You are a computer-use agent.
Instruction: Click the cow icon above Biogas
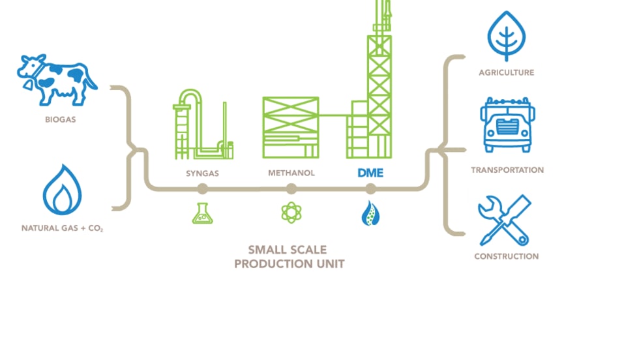[57, 78]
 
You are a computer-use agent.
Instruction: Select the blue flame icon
[61, 190]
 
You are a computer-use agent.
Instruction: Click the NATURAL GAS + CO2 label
[62, 229]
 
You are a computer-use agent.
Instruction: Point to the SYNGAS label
[202, 173]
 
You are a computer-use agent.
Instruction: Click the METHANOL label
[291, 173]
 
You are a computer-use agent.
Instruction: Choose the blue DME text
[370, 173]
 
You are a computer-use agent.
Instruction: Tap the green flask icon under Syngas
[203, 213]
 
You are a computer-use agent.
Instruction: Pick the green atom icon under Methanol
[291, 213]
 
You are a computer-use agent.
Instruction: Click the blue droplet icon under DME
[370, 213]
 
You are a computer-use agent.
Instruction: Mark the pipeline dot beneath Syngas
[203, 189]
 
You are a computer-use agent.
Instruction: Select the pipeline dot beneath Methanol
[291, 189]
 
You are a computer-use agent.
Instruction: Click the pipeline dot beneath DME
[370, 189]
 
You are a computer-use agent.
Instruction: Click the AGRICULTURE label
[507, 72]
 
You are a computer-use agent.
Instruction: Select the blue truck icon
[507, 125]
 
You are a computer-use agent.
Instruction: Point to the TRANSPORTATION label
[507, 170]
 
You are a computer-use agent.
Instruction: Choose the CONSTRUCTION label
[507, 256]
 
